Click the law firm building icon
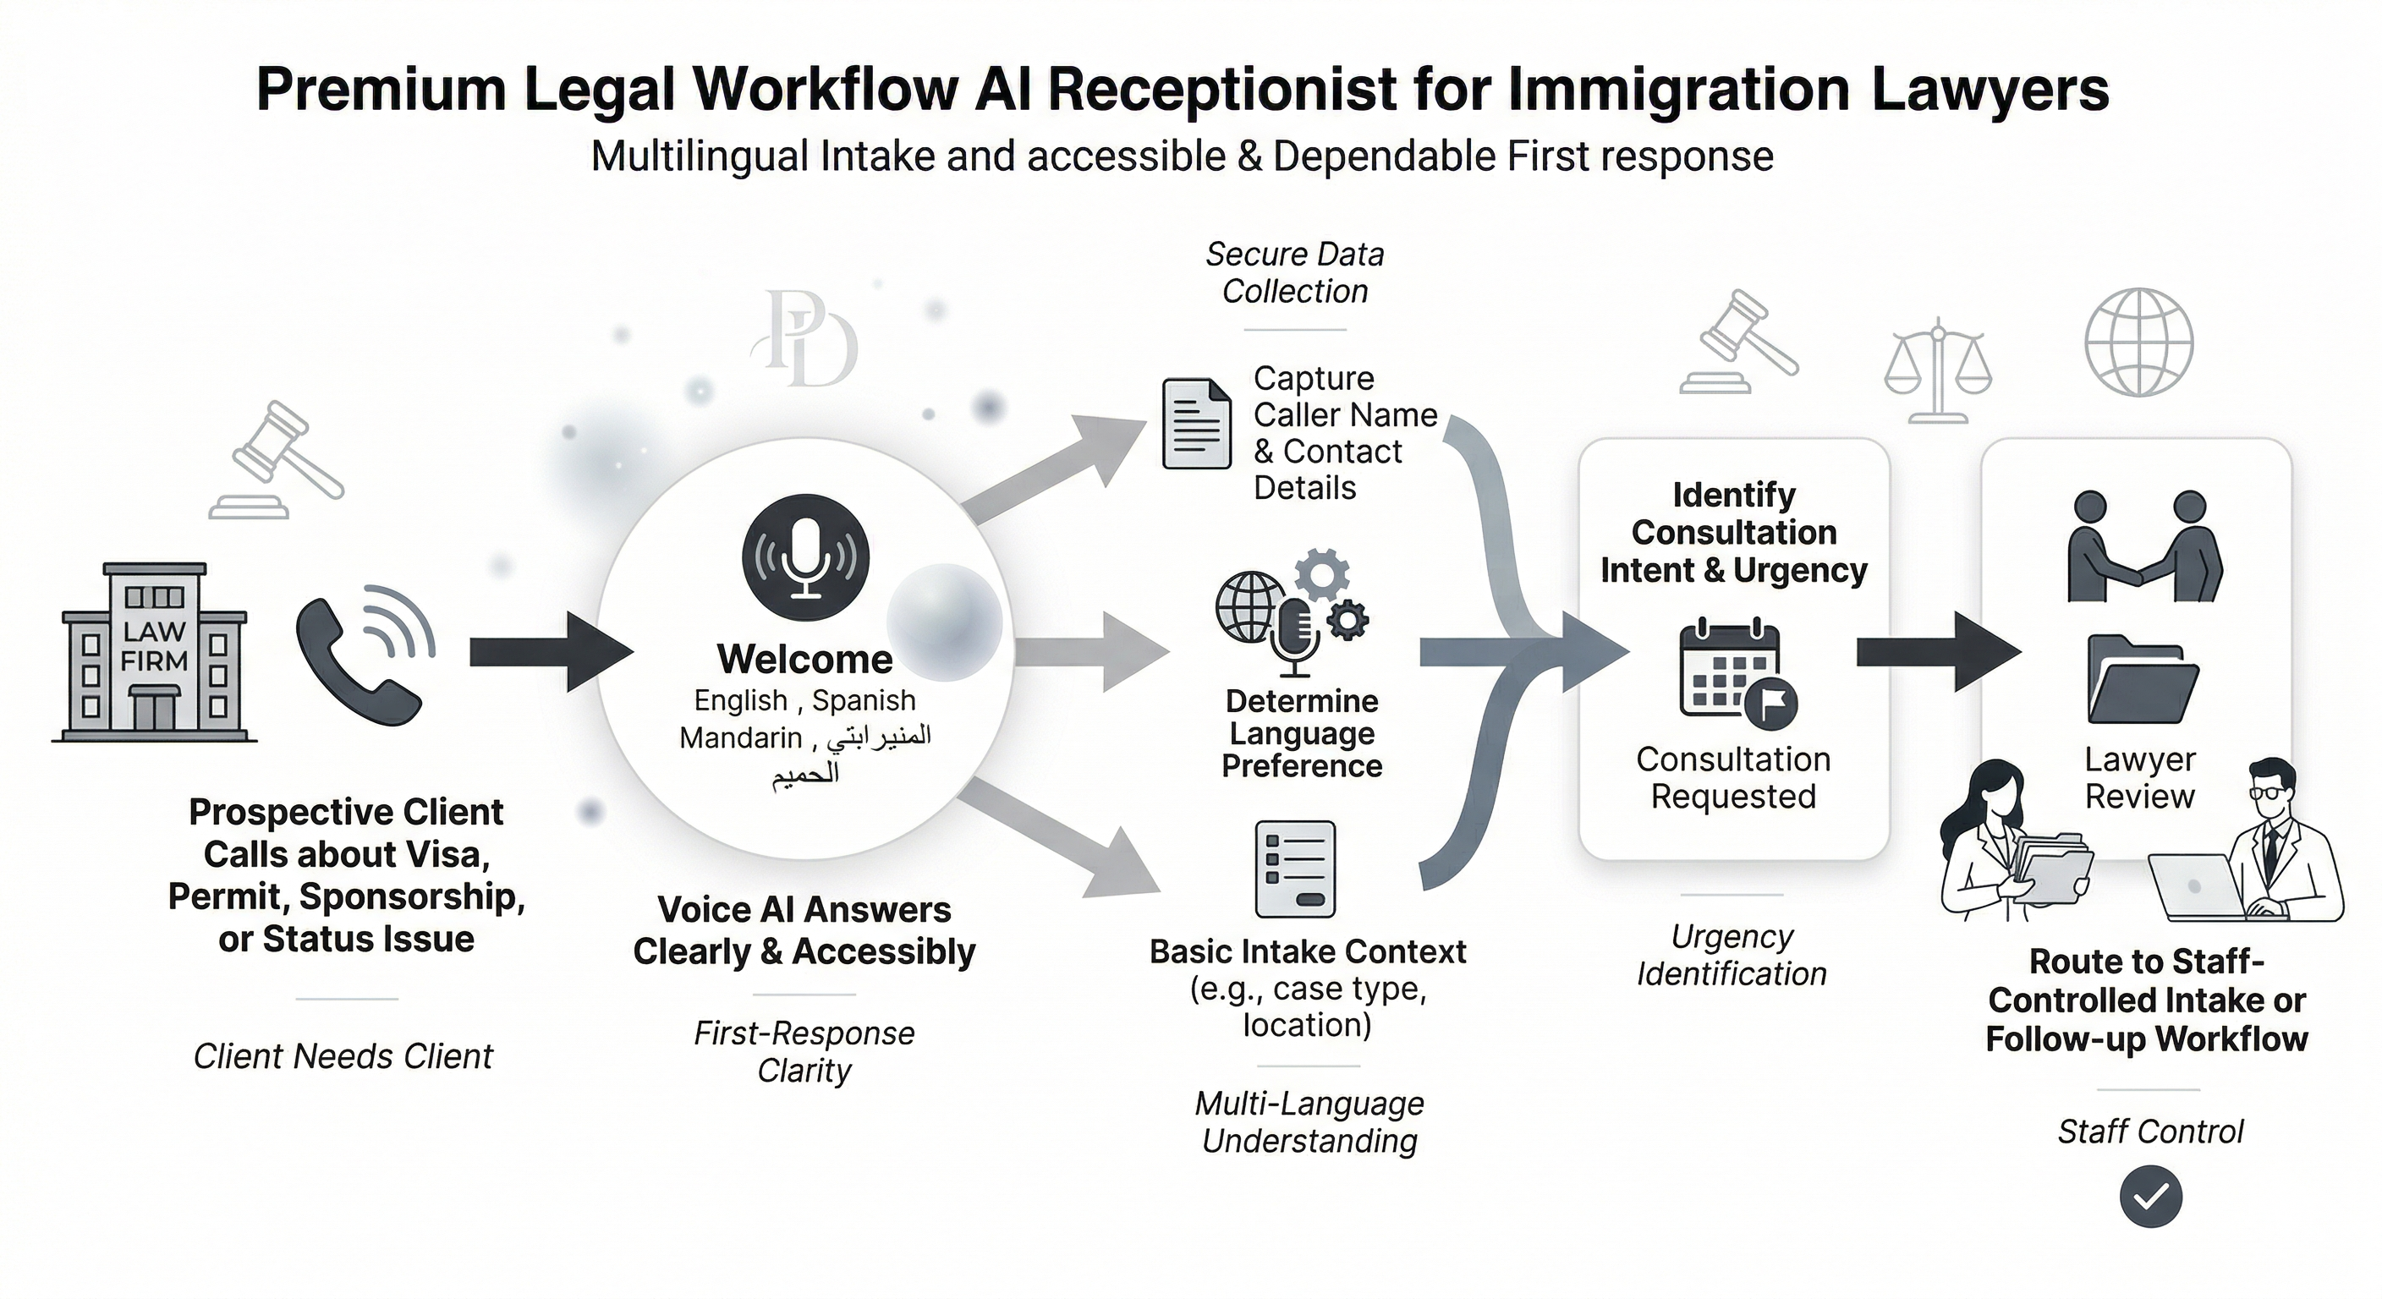click(155, 652)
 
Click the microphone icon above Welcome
click(805, 557)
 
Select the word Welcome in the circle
click(804, 659)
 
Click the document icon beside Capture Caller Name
click(1197, 425)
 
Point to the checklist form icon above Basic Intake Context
click(1294, 869)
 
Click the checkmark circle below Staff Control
click(2151, 1197)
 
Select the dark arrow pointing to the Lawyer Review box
click(1938, 652)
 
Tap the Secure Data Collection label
click(1294, 273)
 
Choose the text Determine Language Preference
click(1302, 733)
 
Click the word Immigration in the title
click(1677, 90)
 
